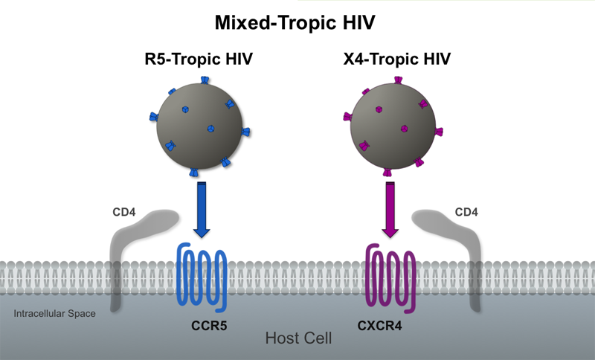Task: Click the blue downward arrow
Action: [201, 211]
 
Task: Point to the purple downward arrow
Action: [390, 211]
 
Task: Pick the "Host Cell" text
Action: [298, 338]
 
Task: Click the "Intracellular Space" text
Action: [54, 314]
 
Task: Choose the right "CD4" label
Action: [466, 213]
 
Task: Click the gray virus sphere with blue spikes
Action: [199, 123]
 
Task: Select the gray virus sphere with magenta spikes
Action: [389, 123]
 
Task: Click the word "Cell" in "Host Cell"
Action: [315, 338]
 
